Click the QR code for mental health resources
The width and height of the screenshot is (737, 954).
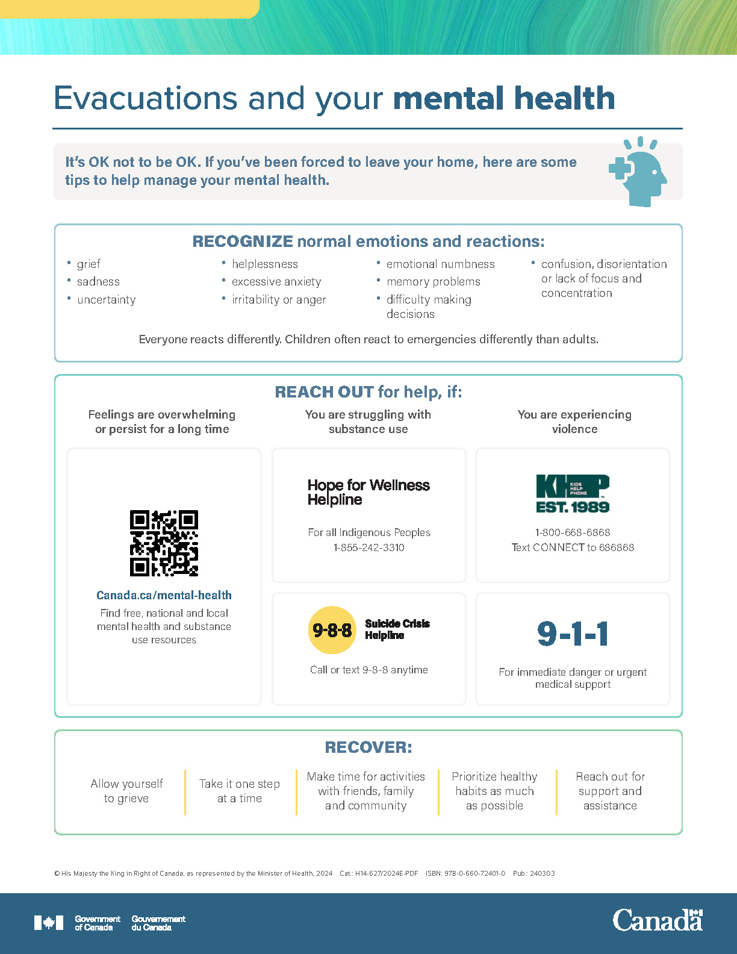click(x=164, y=543)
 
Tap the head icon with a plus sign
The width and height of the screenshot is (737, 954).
click(x=638, y=172)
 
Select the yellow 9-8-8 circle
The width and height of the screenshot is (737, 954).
click(x=332, y=630)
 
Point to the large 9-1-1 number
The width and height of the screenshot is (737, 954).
click(x=573, y=634)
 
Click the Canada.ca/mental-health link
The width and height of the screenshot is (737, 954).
click(x=164, y=595)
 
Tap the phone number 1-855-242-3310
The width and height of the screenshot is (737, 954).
click(x=369, y=547)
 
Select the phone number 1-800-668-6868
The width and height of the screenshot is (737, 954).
click(x=573, y=532)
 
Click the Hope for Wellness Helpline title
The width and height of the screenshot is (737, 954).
click(x=368, y=492)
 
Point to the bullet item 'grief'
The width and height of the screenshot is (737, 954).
click(x=89, y=264)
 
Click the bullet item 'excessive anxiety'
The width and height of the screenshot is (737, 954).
click(x=276, y=281)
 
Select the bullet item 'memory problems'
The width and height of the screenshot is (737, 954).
click(x=434, y=281)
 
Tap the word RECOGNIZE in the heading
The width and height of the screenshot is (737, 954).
click(x=243, y=242)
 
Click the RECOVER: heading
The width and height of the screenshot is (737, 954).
click(x=368, y=747)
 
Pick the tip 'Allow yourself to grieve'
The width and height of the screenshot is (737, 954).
click(x=126, y=791)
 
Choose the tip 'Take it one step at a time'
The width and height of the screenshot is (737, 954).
click(x=240, y=791)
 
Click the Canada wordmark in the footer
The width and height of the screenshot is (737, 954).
click(x=658, y=920)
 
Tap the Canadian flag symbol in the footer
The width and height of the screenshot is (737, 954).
click(x=49, y=923)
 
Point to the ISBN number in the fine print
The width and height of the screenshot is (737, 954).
click(x=465, y=873)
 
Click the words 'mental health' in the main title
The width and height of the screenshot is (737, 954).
click(x=504, y=98)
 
